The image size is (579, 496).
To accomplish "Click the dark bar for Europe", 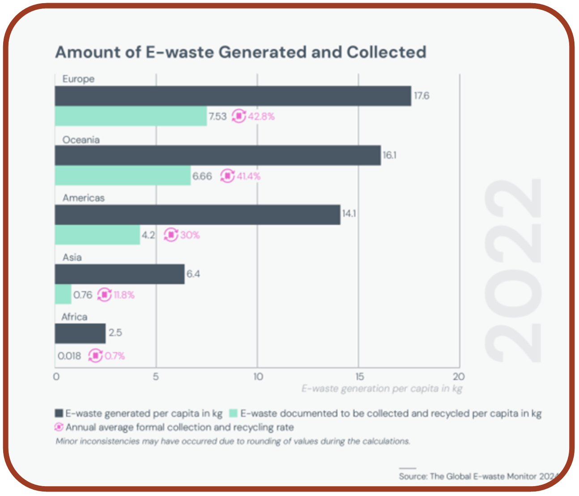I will point(233,96).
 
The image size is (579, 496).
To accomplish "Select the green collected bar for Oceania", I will point(123,175).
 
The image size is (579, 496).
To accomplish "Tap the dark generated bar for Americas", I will point(197,214).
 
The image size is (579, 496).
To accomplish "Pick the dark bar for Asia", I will point(119,274).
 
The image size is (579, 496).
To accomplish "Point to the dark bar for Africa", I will point(80,334).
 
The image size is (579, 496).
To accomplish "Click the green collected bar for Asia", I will point(63,295).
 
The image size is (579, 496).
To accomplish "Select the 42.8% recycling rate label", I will point(261,116).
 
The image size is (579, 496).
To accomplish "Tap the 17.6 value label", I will point(421,96).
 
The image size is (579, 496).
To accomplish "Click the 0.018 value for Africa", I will point(69,356).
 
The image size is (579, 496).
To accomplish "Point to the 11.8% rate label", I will point(124,295).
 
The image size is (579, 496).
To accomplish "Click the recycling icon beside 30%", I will point(170,235).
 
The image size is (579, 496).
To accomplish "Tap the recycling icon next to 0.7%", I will point(95,356).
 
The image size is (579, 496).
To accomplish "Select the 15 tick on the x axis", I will point(359,376).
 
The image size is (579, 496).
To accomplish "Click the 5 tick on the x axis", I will point(156,376).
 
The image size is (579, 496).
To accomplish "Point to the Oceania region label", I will point(81,140).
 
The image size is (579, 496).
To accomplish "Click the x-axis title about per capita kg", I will point(382,388).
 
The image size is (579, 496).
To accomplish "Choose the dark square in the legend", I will point(59,413).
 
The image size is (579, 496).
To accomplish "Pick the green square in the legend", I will point(233,413).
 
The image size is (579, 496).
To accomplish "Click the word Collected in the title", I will point(386,52).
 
